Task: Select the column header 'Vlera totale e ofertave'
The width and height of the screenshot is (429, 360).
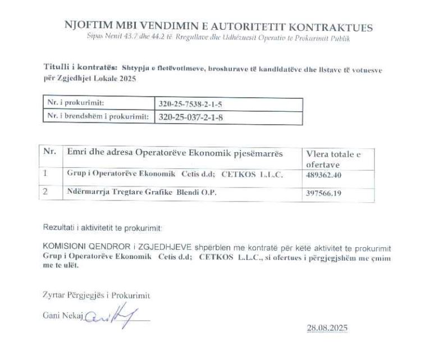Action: point(333,159)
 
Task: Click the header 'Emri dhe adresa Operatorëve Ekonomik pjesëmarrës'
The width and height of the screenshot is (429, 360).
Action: point(175,153)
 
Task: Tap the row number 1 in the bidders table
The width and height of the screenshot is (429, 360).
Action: point(46,174)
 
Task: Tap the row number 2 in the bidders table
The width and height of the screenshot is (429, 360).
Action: point(47,192)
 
